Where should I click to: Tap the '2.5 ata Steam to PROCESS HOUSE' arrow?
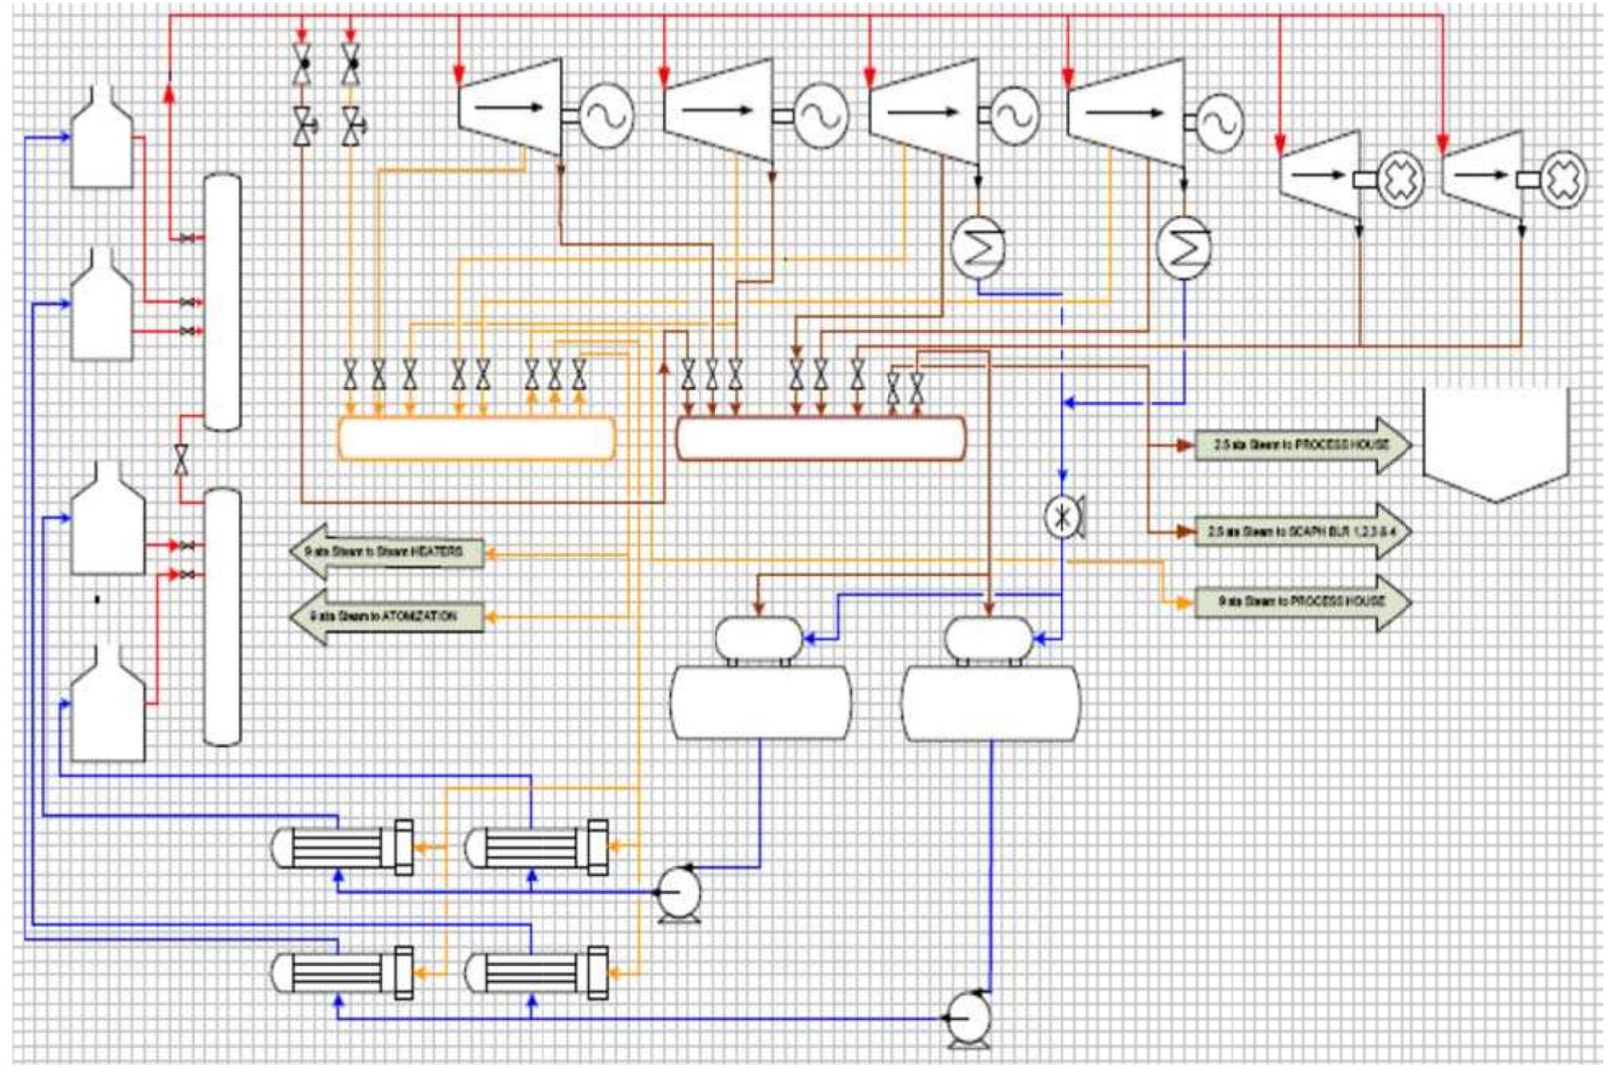(1302, 445)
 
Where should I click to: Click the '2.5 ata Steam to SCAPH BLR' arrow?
(1302, 532)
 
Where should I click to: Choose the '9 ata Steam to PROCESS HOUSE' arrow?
(1302, 601)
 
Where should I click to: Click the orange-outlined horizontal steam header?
(476, 439)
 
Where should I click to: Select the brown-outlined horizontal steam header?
(821, 439)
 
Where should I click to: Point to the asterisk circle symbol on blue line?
(1062, 517)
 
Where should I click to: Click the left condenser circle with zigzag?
(978, 247)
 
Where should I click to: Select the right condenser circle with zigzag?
(1183, 248)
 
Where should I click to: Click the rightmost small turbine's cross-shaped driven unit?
(1563, 179)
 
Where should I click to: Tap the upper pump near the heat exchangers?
(680, 893)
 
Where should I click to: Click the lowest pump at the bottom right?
(968, 1018)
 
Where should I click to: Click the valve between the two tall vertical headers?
(181, 459)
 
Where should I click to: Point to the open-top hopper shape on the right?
(1496, 446)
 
